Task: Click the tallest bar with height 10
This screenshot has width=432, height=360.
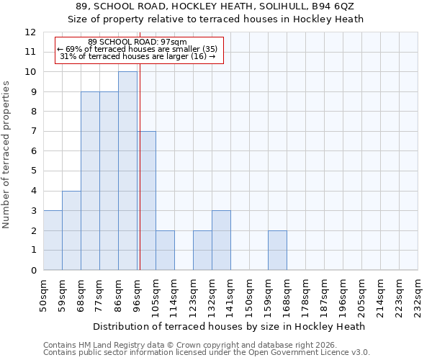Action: click(x=127, y=171)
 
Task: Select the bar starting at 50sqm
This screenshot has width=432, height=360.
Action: click(x=53, y=240)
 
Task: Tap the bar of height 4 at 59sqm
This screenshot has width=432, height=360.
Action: click(x=71, y=230)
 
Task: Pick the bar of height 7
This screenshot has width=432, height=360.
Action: click(x=147, y=201)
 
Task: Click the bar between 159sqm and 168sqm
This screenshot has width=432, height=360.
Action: click(x=277, y=251)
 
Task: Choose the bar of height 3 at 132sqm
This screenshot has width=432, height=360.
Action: click(x=221, y=240)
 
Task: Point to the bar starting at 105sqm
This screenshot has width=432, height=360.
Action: click(x=165, y=251)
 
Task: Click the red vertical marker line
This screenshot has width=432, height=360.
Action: click(x=140, y=166)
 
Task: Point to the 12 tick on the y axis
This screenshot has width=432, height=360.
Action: click(x=30, y=32)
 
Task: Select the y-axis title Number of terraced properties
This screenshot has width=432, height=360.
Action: click(x=6, y=155)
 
